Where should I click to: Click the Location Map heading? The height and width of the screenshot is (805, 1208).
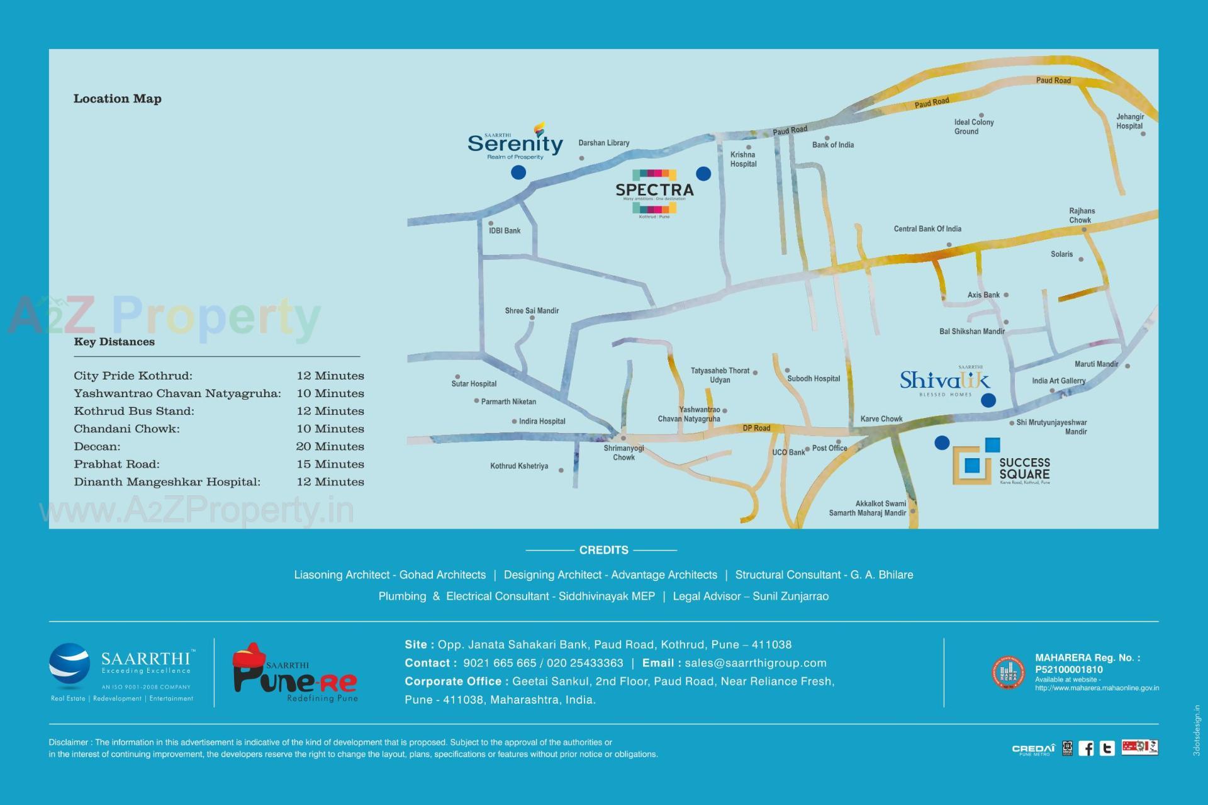118,99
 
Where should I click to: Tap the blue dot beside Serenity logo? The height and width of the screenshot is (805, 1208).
518,172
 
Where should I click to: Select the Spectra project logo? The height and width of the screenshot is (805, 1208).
654,190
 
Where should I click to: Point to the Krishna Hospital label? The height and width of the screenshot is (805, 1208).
743,159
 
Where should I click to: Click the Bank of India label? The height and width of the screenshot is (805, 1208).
832,145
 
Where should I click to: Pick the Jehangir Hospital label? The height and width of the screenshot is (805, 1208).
1129,121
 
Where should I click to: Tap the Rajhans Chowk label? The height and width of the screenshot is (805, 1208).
1082,215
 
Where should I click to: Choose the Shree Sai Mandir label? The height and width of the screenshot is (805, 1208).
532,311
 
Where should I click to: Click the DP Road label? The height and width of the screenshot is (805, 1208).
756,428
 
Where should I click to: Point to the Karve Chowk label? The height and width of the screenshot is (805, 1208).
881,419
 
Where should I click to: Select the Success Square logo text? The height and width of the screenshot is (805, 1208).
1024,469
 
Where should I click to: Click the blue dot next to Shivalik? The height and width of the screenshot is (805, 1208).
988,400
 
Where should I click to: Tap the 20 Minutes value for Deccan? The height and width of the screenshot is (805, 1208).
330,447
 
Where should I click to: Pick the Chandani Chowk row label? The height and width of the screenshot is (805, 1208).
126,429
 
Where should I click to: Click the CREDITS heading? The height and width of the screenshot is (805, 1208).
603,550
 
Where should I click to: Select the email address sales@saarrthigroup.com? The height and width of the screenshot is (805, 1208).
755,663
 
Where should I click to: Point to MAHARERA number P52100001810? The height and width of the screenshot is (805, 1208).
1068,670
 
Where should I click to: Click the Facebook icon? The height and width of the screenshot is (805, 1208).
1086,748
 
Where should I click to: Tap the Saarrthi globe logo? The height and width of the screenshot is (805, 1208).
69,666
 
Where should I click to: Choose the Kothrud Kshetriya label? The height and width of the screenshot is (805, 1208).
519,466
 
